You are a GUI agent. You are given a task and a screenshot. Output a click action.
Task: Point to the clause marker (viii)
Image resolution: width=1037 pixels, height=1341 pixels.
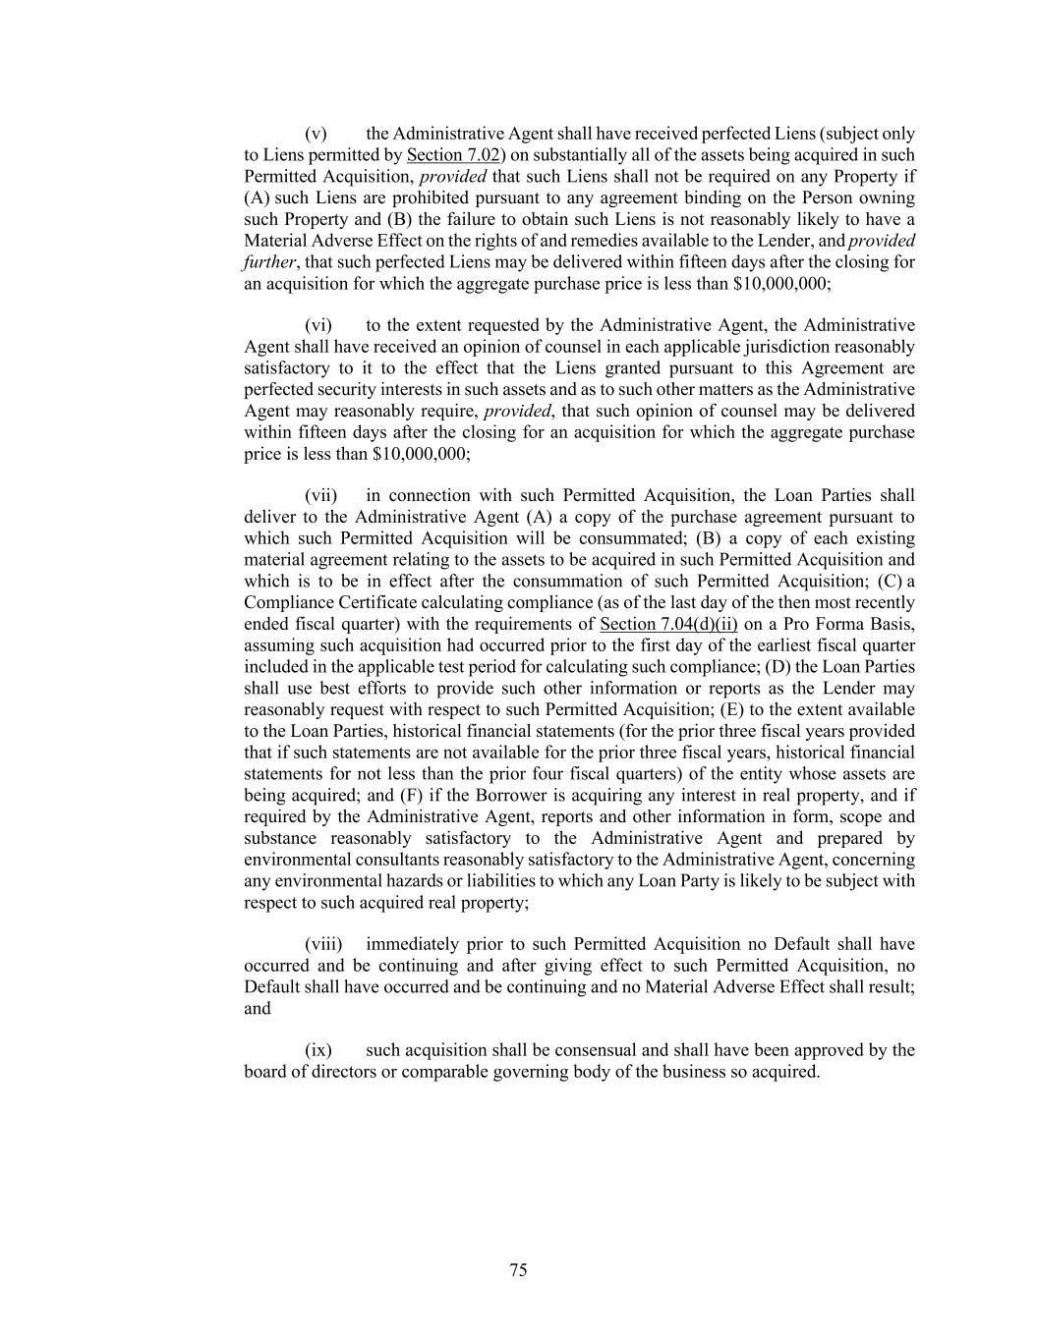[x=323, y=945]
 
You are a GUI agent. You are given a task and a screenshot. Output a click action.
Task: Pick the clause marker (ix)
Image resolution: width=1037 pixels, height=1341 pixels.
[x=317, y=1051]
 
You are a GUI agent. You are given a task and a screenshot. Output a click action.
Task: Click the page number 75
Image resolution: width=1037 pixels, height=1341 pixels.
[x=518, y=1270]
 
